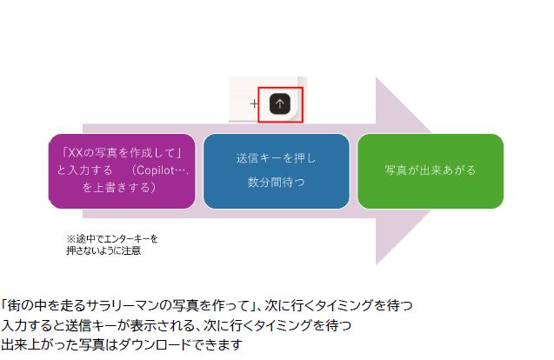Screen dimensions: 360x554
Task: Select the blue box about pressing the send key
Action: coord(276,171)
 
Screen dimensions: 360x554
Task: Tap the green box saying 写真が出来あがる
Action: coord(430,171)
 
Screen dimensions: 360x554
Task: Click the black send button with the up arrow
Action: coord(279,103)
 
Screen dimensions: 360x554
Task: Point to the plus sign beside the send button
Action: coord(255,103)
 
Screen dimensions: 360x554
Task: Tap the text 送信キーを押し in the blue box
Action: coord(276,159)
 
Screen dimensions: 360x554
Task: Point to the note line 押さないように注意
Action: coord(103,250)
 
